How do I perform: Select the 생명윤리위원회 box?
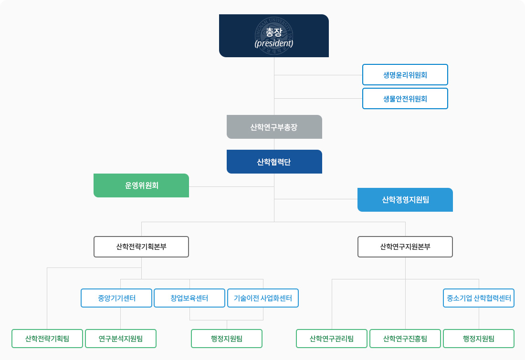(x=405, y=75)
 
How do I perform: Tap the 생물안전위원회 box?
(x=405, y=99)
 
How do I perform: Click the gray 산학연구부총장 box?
(x=274, y=127)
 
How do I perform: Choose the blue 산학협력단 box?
(x=274, y=162)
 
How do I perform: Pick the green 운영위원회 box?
(x=141, y=185)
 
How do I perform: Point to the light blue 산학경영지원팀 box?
(x=405, y=200)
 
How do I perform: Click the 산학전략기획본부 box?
(x=141, y=247)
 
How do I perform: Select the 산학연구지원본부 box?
(x=405, y=247)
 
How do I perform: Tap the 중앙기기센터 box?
(x=116, y=298)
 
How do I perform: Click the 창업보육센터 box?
(x=189, y=298)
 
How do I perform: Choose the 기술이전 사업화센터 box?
(x=263, y=298)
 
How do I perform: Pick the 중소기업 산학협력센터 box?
(x=479, y=298)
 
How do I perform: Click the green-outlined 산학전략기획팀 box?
(x=47, y=339)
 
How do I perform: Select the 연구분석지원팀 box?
(x=121, y=339)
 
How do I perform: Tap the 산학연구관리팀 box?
(x=332, y=339)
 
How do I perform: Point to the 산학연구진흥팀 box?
(x=405, y=339)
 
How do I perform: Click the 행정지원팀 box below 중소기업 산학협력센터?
(x=479, y=339)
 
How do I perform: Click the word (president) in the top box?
(x=273, y=43)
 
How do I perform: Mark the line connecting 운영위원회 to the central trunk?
(x=231, y=186)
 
